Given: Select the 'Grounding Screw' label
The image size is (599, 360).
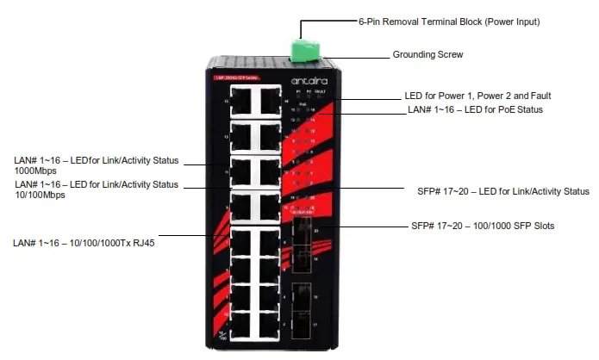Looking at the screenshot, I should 427,54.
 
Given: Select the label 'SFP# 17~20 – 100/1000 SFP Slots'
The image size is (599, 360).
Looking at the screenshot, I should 483,227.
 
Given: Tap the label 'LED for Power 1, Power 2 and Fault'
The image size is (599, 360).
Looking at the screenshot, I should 477,96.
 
